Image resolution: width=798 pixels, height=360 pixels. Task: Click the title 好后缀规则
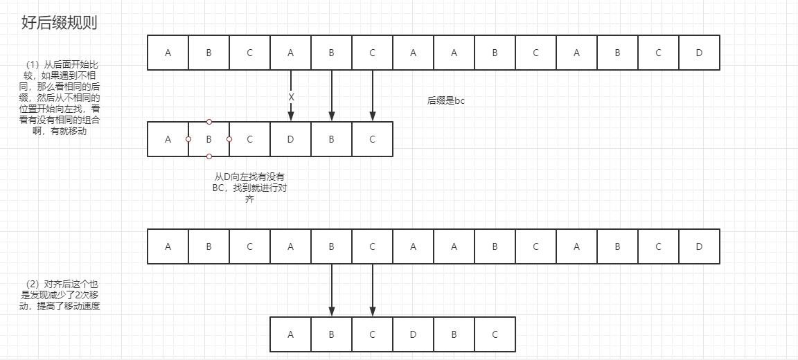coord(59,23)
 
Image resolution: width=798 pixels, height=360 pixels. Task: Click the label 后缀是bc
coord(446,101)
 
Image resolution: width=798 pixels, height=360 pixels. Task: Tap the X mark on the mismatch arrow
coord(291,98)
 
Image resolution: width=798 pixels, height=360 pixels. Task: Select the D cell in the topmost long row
coord(699,53)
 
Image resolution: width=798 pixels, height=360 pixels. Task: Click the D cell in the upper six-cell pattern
coord(291,139)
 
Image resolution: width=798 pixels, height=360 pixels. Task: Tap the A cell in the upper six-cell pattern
coord(168,139)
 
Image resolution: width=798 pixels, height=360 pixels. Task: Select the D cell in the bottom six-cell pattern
coord(413,334)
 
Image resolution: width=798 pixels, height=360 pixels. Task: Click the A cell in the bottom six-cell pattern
coord(290,334)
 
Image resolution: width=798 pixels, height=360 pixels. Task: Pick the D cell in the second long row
coord(699,246)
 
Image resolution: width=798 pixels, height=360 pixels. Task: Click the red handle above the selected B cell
coord(209,122)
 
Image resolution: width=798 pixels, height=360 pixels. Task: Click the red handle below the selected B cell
coord(209,156)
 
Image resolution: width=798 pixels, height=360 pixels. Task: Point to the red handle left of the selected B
coord(188,139)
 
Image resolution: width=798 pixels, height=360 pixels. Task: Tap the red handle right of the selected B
coord(229,139)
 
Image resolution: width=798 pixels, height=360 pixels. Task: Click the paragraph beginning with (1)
coord(62,98)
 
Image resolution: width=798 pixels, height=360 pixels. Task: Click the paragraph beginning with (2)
coord(62,295)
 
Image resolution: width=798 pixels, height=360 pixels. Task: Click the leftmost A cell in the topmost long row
coord(168,53)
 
